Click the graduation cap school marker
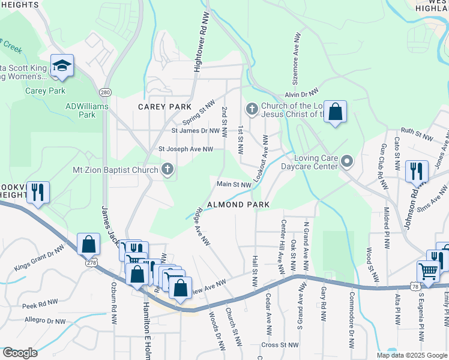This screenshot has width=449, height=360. click(x=61, y=66)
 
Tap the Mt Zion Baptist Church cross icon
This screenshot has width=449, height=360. click(x=167, y=170)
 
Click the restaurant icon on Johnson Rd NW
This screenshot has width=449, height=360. click(x=415, y=171)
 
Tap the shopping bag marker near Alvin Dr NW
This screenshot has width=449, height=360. click(x=335, y=112)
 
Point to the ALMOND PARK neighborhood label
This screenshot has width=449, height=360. click(x=238, y=205)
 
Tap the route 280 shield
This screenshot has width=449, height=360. click(x=106, y=92)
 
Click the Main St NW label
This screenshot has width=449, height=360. click(x=233, y=185)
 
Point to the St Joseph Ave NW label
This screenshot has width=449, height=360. click(x=185, y=149)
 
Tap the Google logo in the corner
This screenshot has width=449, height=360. click(x=20, y=353)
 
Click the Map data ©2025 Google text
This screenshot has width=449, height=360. click(x=411, y=355)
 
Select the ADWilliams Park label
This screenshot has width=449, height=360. click(x=80, y=110)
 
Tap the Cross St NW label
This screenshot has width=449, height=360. click(x=280, y=345)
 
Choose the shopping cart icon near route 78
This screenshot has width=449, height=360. click(x=428, y=271)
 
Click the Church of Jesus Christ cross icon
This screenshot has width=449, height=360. click(x=252, y=109)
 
